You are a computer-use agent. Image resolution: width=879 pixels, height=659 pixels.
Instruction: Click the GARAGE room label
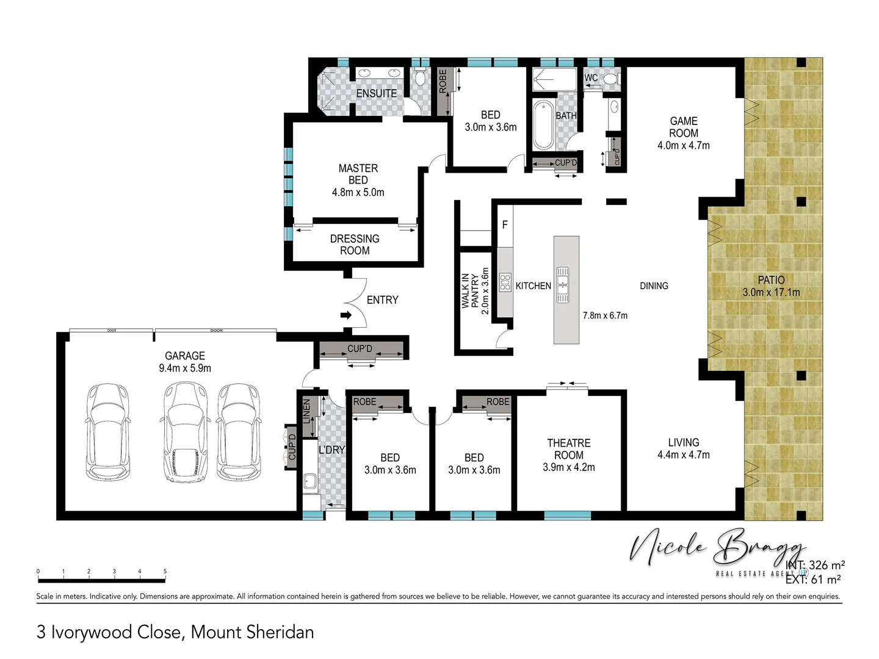[184, 356]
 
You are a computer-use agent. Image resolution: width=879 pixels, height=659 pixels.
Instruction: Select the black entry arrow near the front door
[345, 315]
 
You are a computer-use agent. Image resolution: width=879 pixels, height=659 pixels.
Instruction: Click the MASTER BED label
[358, 174]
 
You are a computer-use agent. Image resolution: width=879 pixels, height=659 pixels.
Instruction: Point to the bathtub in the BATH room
[543, 126]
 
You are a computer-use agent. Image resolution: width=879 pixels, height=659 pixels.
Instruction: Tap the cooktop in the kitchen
[505, 283]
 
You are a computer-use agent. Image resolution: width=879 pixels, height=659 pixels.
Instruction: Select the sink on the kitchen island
[562, 285]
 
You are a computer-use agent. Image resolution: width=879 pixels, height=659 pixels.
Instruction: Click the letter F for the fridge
[505, 225]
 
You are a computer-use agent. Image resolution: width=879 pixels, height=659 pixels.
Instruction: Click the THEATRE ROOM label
[568, 449]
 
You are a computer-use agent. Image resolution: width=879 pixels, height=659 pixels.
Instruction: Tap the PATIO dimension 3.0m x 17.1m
[771, 292]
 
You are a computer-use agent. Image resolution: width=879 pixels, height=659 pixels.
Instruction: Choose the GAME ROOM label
[683, 127]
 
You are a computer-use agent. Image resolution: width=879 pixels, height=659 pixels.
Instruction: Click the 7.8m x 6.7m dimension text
[604, 315]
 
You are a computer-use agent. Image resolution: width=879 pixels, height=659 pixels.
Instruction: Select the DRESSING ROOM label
[355, 244]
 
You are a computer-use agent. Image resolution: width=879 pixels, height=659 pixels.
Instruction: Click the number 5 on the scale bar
[165, 572]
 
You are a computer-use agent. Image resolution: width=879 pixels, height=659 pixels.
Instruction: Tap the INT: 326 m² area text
[815, 565]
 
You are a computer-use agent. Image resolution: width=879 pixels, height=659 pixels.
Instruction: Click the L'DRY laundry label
[331, 450]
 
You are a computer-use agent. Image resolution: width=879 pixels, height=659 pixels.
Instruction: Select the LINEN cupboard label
[307, 411]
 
